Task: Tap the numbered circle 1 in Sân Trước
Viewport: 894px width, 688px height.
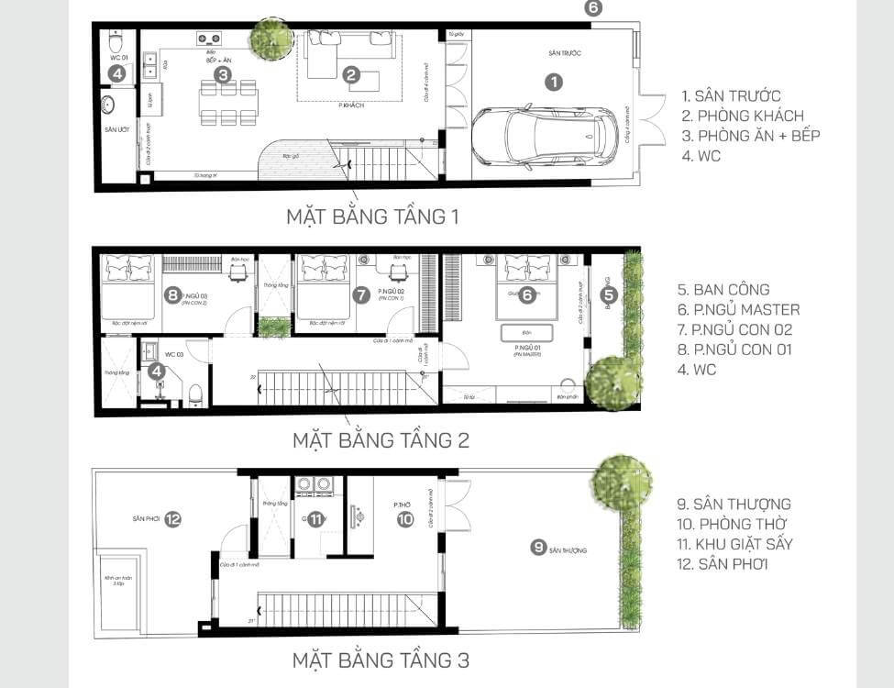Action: point(553,82)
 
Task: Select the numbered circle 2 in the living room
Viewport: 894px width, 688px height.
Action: point(350,76)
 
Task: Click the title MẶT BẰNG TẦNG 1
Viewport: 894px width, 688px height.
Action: point(371,217)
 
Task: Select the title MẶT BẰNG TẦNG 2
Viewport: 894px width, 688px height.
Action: point(381,439)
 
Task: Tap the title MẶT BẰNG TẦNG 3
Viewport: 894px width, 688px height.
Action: point(381,659)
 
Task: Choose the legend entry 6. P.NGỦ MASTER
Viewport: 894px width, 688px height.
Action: point(745,309)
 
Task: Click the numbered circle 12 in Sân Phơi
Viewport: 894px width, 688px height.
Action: point(172,519)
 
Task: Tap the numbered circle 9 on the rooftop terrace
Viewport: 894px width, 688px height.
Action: point(538,548)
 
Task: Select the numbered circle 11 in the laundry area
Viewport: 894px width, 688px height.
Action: point(315,519)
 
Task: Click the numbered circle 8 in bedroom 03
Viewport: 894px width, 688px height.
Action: point(171,294)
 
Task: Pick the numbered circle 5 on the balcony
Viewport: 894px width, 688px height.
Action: point(609,294)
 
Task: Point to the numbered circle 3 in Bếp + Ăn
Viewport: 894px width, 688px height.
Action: point(222,73)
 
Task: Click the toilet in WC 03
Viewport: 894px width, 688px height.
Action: point(195,394)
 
